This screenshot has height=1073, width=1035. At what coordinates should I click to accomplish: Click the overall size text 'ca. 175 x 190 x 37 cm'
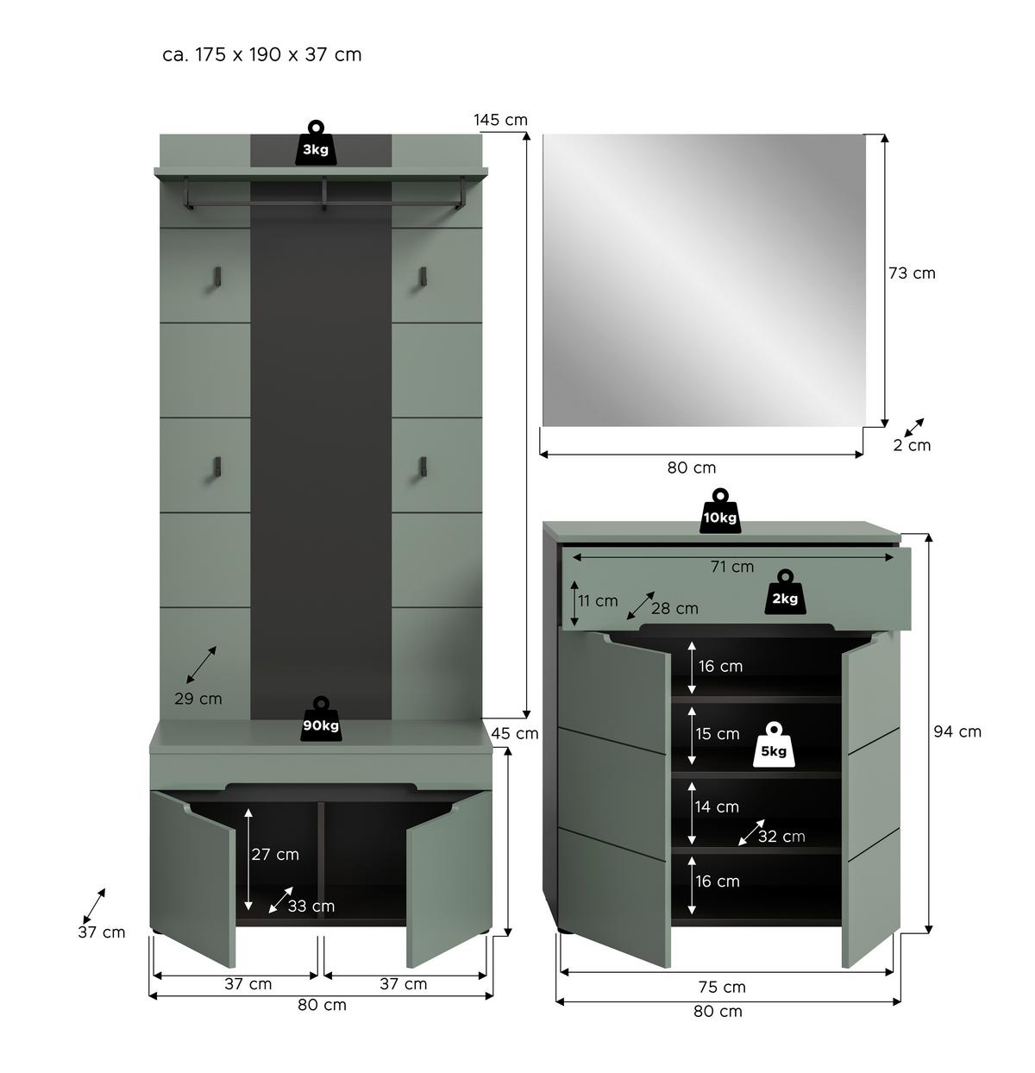click(262, 54)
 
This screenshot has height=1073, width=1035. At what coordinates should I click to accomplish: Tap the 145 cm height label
click(500, 120)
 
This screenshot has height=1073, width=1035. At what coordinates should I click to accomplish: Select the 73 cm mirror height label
click(912, 273)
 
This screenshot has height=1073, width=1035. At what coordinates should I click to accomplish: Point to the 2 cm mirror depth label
click(912, 445)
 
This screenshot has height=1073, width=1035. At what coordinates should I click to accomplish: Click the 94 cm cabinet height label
click(957, 731)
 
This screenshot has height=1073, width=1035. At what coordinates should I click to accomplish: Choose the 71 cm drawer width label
click(731, 567)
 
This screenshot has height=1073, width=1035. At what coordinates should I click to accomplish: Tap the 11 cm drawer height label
click(598, 600)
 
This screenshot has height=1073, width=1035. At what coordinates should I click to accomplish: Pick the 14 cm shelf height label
click(717, 806)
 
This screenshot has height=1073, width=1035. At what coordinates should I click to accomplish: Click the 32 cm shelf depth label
click(781, 836)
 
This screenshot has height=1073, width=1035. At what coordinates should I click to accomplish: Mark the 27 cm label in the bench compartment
click(275, 854)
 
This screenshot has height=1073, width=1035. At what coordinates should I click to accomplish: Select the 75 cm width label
click(722, 987)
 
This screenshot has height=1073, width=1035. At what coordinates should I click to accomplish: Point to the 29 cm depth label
click(198, 699)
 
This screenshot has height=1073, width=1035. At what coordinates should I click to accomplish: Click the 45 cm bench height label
click(515, 733)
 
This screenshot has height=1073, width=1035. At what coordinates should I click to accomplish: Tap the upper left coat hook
click(217, 275)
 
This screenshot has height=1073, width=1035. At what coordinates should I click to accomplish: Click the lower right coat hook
click(423, 467)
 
